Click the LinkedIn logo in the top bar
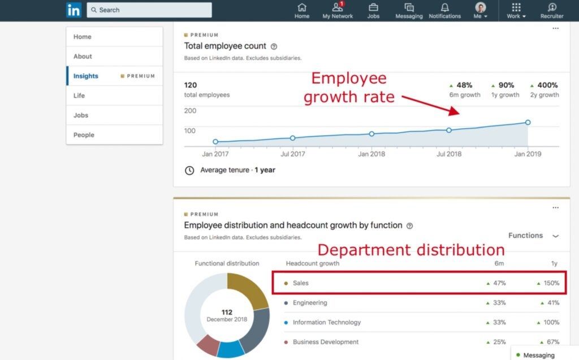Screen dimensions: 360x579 coord(74,10)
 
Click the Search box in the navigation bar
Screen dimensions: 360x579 coord(149,10)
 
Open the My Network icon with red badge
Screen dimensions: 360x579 coord(338,7)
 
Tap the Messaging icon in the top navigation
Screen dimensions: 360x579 coord(409,7)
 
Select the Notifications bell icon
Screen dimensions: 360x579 coord(444,7)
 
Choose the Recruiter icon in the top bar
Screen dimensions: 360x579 coord(552,7)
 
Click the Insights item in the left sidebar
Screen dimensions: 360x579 coord(86,76)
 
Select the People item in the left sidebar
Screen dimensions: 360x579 coord(84,135)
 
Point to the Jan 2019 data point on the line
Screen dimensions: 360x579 coord(528,122)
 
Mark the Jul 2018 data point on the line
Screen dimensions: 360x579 coord(449,130)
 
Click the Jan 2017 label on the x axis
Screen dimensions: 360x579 coord(215,154)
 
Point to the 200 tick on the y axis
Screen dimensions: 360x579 coord(190,111)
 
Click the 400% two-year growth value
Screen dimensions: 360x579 coord(547,85)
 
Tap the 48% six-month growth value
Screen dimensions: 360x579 coord(464,85)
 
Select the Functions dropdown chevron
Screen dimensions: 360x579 coord(555,236)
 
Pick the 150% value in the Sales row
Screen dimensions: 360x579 coord(551,283)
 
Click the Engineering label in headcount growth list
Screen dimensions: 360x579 coord(310,303)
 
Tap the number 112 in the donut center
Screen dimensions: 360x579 coord(227,312)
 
